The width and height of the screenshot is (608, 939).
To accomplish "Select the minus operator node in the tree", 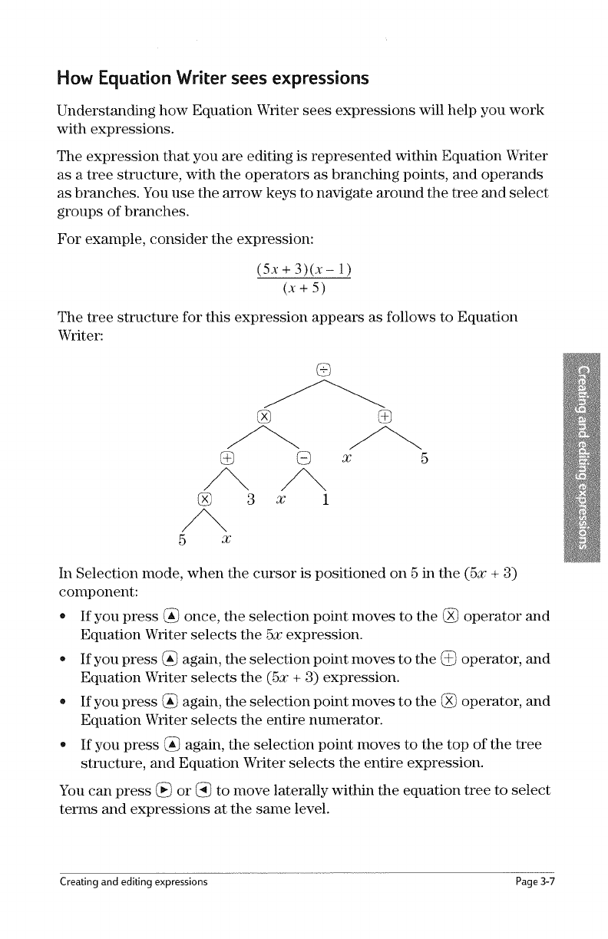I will (303, 458).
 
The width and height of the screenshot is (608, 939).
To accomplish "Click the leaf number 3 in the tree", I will (251, 500).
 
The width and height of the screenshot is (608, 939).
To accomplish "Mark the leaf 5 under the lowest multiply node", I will (182, 539).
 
